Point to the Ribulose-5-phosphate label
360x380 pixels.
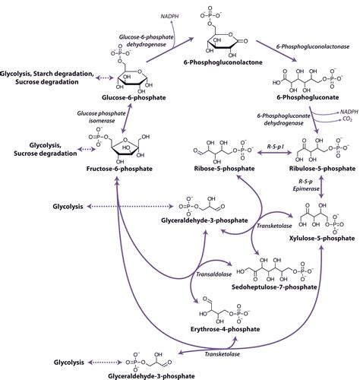[320, 169]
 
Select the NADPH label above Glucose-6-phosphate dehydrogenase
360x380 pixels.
[147, 14]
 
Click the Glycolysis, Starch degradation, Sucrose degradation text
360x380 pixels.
[48, 78]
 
